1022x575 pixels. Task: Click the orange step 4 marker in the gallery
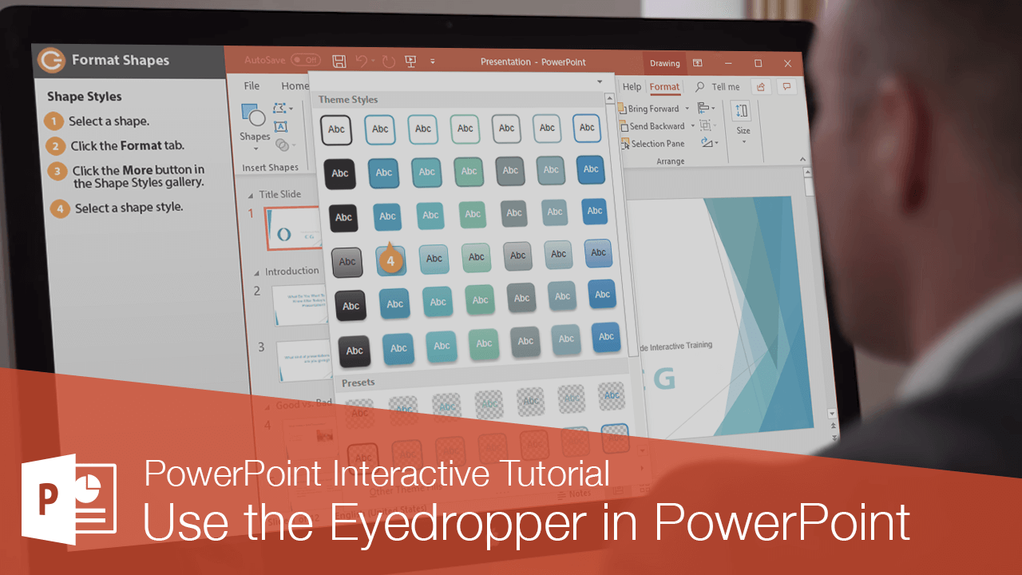tap(390, 260)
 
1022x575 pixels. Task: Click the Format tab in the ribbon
tap(664, 87)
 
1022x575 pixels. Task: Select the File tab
tap(252, 86)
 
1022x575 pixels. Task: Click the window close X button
tap(788, 63)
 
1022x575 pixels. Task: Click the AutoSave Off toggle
tap(304, 60)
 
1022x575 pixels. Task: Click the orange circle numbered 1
tap(54, 121)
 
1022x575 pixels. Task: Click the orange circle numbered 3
tap(57, 171)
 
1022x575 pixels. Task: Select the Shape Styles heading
tap(85, 97)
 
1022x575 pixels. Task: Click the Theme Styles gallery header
tap(348, 100)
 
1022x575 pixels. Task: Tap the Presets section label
tap(358, 383)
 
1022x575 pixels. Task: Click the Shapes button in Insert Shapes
tap(254, 124)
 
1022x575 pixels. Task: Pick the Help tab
tap(632, 87)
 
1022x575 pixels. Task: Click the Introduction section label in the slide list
tap(291, 272)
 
